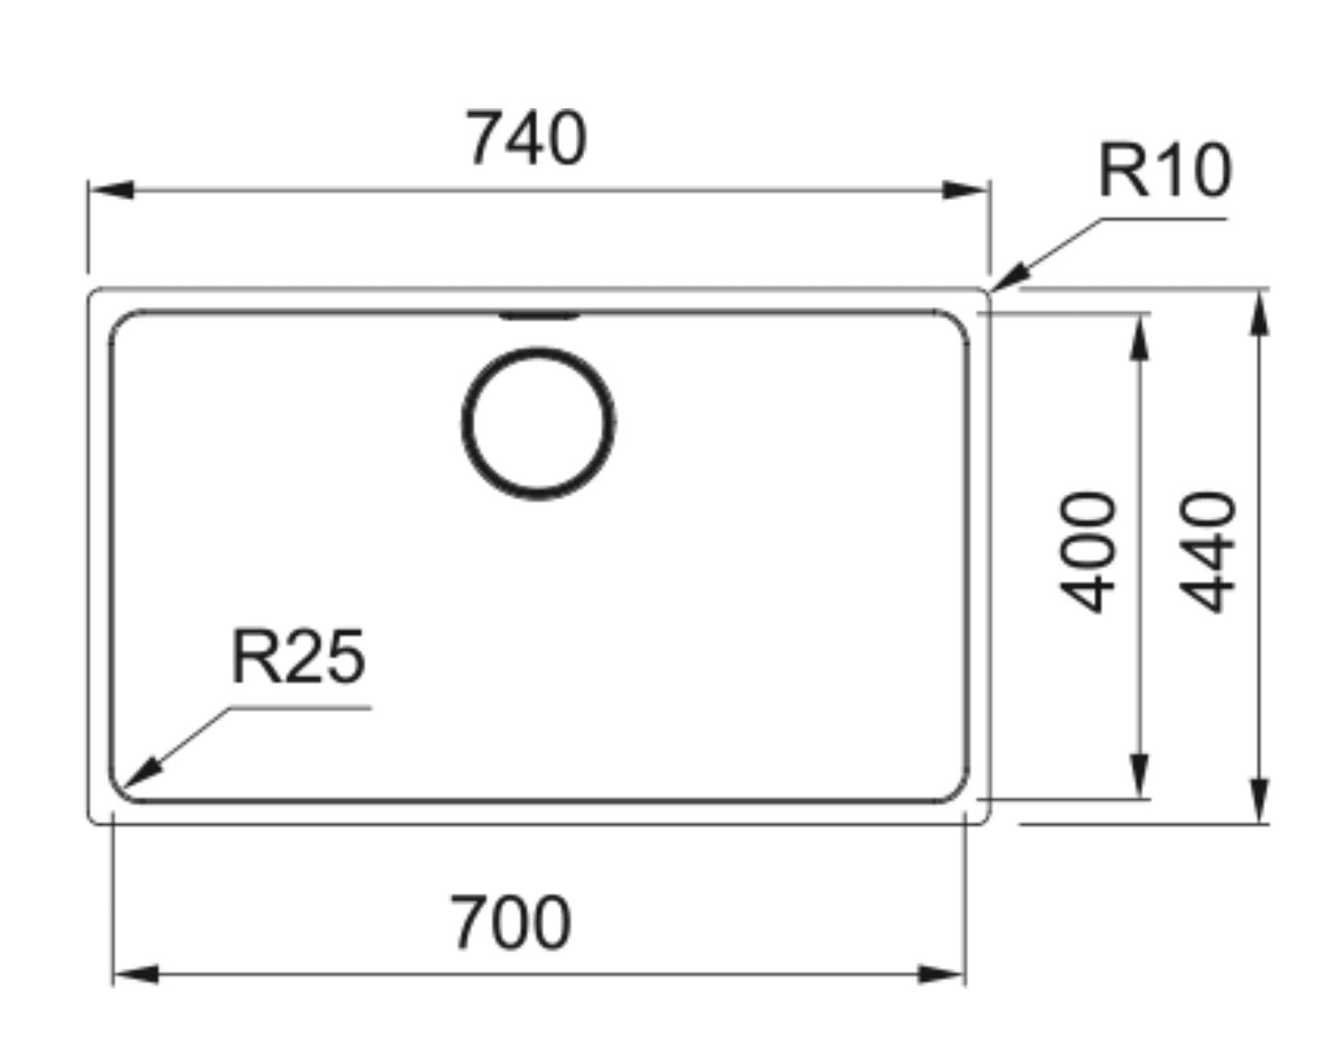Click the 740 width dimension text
point(525,137)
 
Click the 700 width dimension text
point(511,923)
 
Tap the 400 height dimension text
point(1088,552)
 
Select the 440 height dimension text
point(1208,552)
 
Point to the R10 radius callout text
point(1165,170)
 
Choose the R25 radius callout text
point(299,657)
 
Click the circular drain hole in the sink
point(538,423)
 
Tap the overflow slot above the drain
point(538,316)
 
